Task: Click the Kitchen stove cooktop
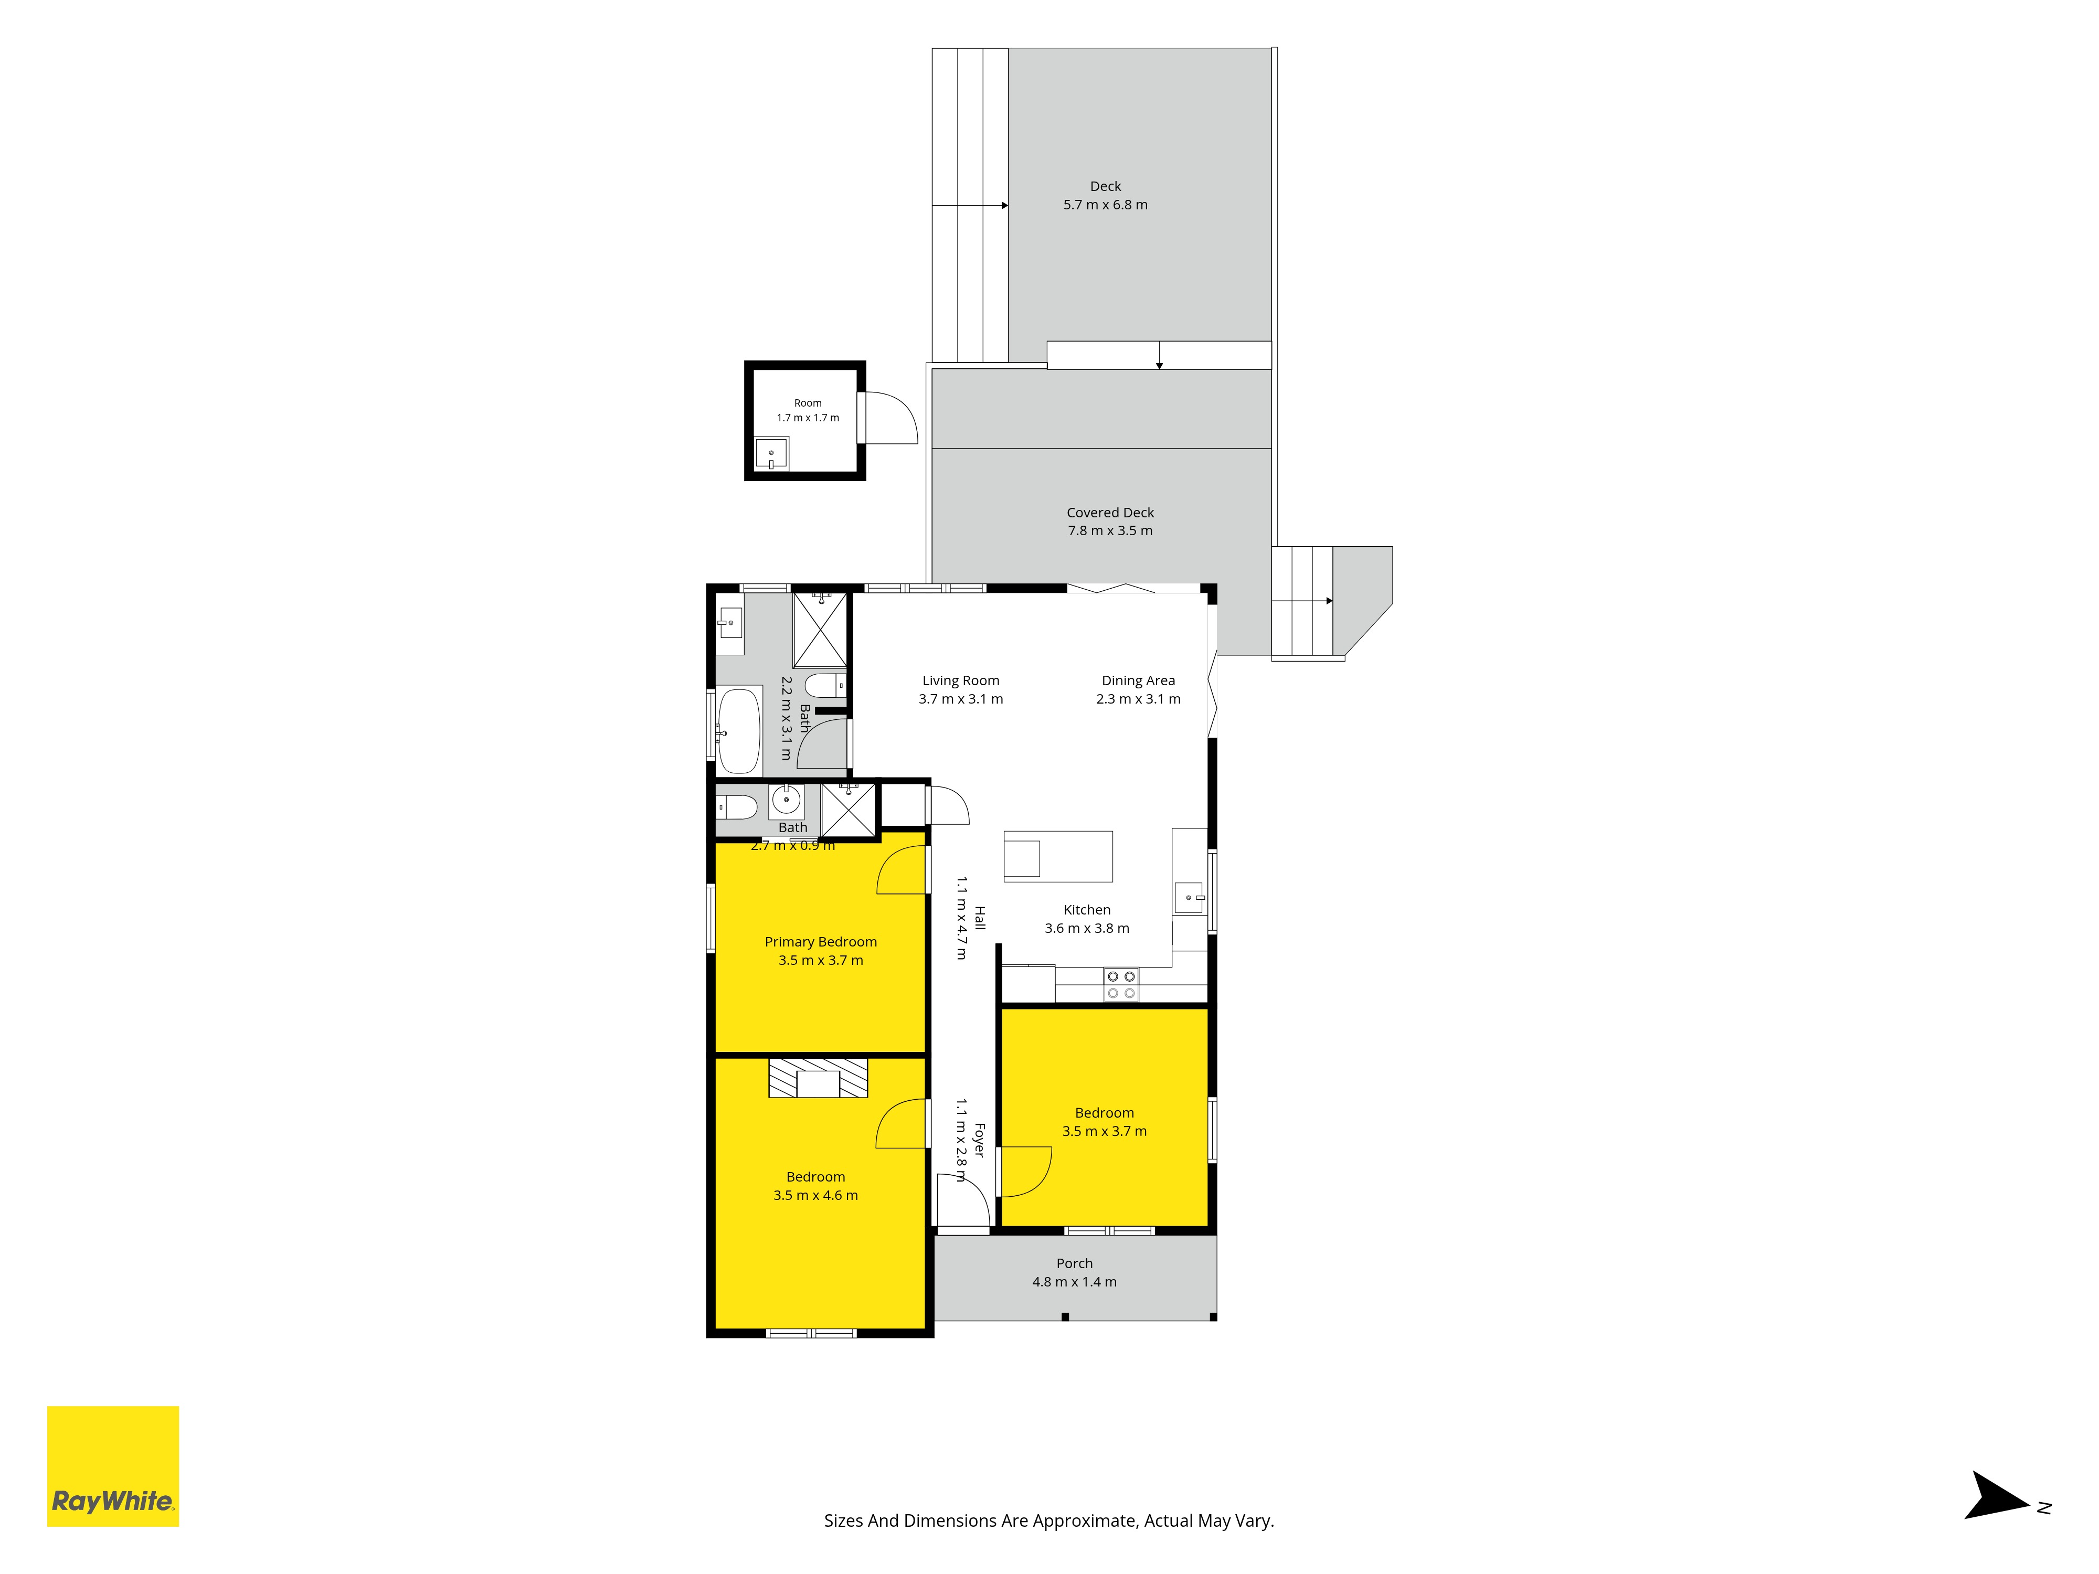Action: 1121,985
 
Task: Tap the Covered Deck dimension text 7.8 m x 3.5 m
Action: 1110,530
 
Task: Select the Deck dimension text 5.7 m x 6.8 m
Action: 1106,205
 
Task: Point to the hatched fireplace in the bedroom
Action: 818,1078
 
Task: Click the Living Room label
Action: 960,680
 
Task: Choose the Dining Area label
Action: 1138,680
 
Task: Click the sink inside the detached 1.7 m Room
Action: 771,453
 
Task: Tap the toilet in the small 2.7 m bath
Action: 736,807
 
